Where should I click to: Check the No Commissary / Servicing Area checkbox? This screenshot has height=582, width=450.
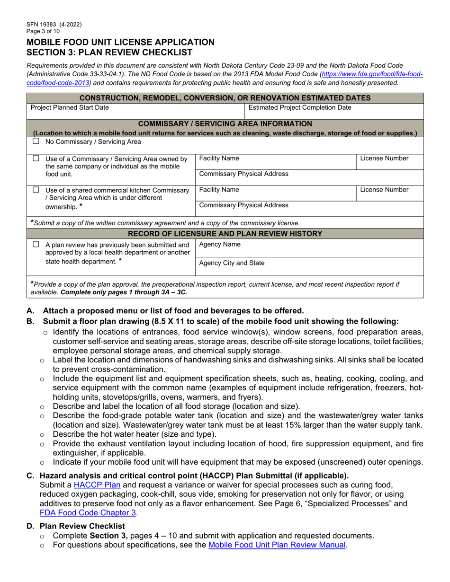coord(36,141)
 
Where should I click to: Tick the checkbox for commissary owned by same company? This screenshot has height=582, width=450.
coord(36,159)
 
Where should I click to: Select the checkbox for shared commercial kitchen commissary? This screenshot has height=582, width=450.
coord(36,190)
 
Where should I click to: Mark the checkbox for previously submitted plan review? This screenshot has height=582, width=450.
coord(36,245)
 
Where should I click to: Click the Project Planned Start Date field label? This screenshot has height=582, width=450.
coord(70,107)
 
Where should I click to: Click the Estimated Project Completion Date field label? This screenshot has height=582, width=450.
coord(300,107)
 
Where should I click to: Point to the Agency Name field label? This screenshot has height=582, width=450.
coord(220,244)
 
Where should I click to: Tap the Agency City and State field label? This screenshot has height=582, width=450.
coord(232,263)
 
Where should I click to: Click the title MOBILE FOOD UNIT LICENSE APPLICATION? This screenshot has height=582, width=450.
coord(120,42)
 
